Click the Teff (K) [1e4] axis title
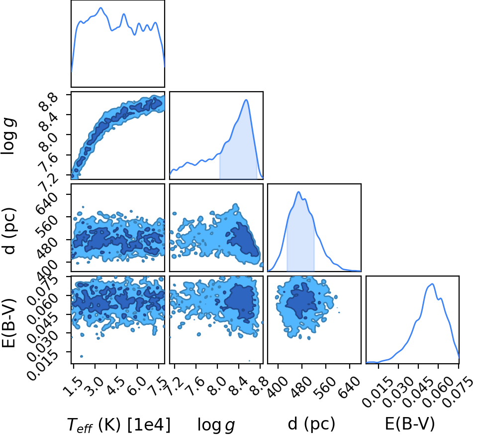click(x=118, y=424)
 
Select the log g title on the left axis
click(x=8, y=137)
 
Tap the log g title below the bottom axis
click(x=216, y=425)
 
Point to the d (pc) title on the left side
click(x=9, y=231)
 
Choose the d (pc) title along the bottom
click(x=311, y=424)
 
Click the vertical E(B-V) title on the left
click(x=8, y=322)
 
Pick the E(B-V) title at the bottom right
click(x=410, y=424)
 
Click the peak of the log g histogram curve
click(x=246, y=100)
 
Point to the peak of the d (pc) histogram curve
click(x=298, y=192)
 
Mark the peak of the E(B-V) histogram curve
click(x=432, y=284)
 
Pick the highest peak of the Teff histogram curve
click(x=100, y=8)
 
